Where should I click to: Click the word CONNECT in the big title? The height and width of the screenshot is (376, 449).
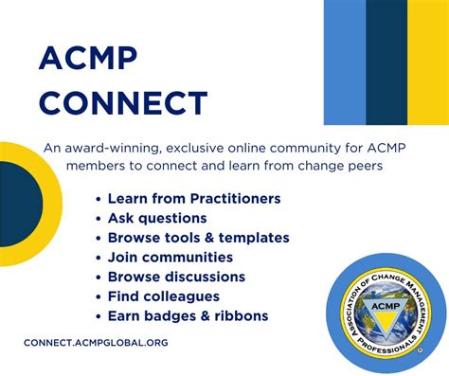pyautogui.click(x=122, y=103)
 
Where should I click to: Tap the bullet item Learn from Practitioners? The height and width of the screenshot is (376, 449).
pyautogui.click(x=193, y=199)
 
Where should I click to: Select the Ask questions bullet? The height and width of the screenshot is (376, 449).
pyautogui.click(x=156, y=218)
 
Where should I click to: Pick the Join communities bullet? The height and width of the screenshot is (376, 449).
pyautogui.click(x=170, y=258)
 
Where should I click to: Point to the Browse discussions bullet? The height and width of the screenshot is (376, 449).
pyautogui.click(x=176, y=277)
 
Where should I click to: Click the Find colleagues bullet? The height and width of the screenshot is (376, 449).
pyautogui.click(x=163, y=296)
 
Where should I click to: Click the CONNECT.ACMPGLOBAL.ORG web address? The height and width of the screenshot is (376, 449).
pyautogui.click(x=96, y=343)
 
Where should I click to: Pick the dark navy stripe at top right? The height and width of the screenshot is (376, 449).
pyautogui.click(x=386, y=63)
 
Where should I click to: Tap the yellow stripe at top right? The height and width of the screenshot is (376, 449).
pyautogui.click(x=427, y=63)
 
